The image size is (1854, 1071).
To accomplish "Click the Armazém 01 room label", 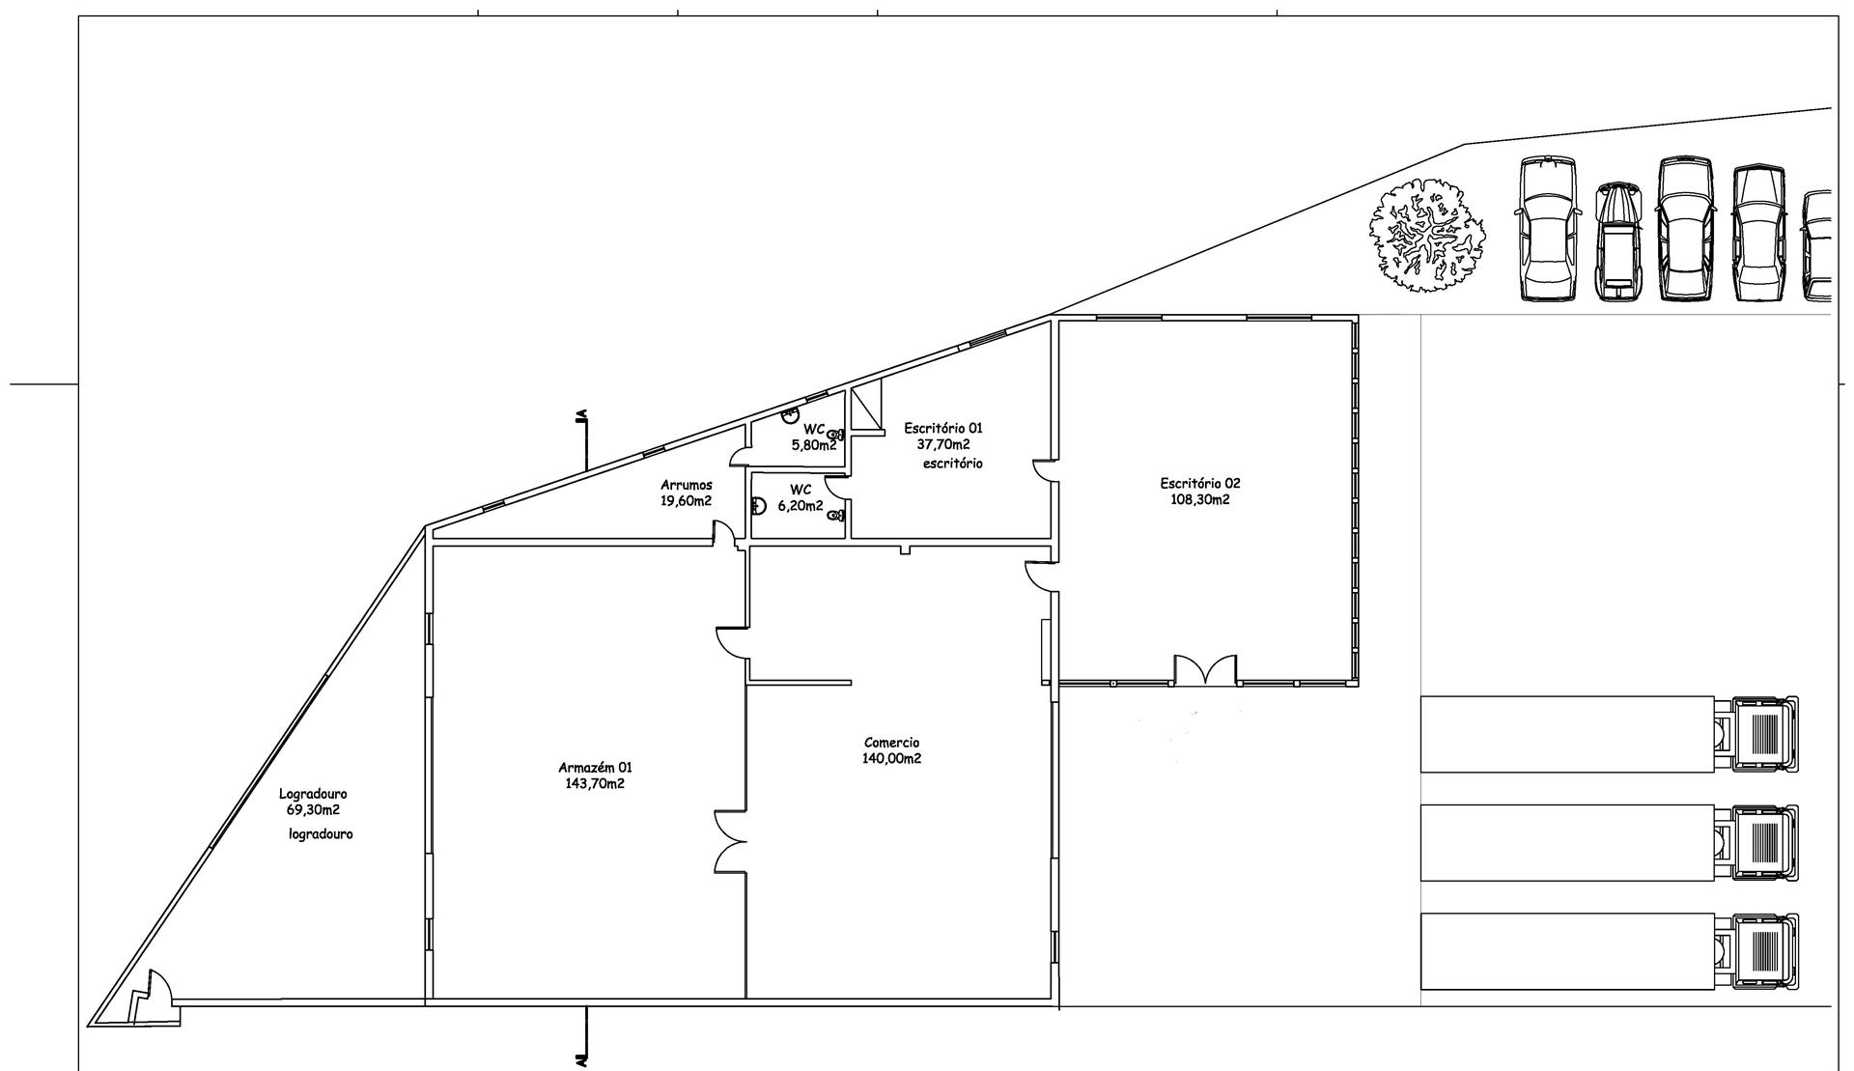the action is (595, 768).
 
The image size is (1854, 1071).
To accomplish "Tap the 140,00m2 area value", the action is (891, 759).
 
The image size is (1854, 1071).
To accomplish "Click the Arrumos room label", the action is (687, 485).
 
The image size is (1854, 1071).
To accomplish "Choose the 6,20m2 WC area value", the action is (801, 505).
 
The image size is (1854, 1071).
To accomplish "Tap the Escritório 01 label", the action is (943, 428).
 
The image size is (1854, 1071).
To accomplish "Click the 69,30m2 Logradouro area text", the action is (313, 810).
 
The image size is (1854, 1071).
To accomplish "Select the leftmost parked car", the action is (1548, 230).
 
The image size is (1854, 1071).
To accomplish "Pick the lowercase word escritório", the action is (952, 464).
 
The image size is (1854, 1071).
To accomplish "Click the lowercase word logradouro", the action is (321, 833).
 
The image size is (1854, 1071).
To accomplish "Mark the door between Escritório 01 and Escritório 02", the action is (1044, 471).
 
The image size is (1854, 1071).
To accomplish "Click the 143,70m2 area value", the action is (595, 783).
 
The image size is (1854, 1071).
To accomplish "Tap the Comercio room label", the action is (891, 743).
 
